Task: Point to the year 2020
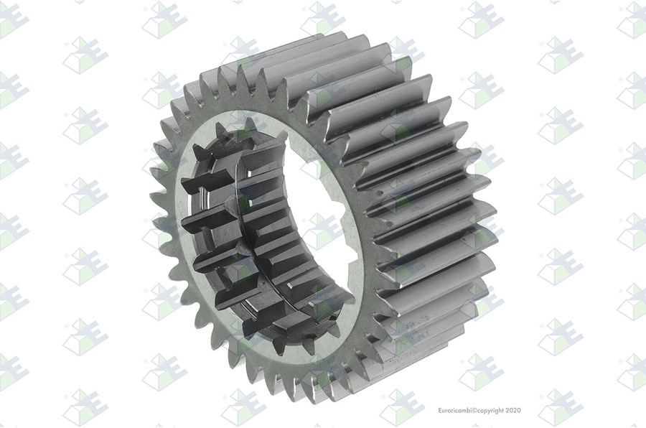click(x=513, y=410)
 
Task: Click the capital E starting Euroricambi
click(x=439, y=410)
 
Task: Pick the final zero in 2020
click(x=519, y=410)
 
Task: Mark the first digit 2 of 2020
click(x=507, y=410)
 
